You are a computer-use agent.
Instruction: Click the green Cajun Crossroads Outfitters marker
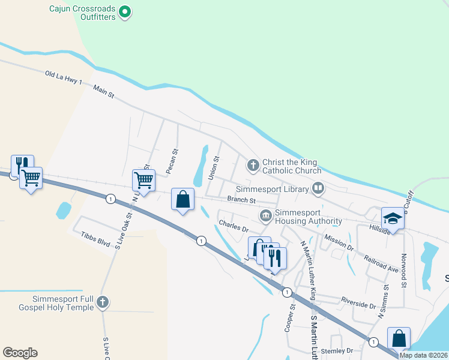click(x=125, y=11)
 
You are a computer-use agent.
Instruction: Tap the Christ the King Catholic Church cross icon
click(x=253, y=164)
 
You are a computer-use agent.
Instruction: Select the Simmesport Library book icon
click(x=318, y=189)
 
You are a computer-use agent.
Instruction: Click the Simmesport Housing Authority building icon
click(x=265, y=215)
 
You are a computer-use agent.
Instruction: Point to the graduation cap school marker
click(x=392, y=218)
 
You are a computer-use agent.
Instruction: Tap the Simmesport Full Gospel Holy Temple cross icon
click(x=103, y=302)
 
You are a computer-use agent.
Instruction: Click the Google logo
click(x=20, y=353)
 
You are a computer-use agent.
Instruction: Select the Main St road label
click(x=103, y=92)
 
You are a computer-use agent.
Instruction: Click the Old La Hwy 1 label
click(x=63, y=77)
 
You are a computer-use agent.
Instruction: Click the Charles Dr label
click(x=234, y=226)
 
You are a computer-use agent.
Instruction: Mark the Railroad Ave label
click(x=381, y=263)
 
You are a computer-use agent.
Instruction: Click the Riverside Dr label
click(x=358, y=304)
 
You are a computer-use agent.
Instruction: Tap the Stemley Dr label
click(x=337, y=350)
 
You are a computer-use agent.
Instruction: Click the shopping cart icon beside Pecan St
click(x=143, y=179)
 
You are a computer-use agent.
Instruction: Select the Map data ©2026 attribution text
click(x=423, y=355)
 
